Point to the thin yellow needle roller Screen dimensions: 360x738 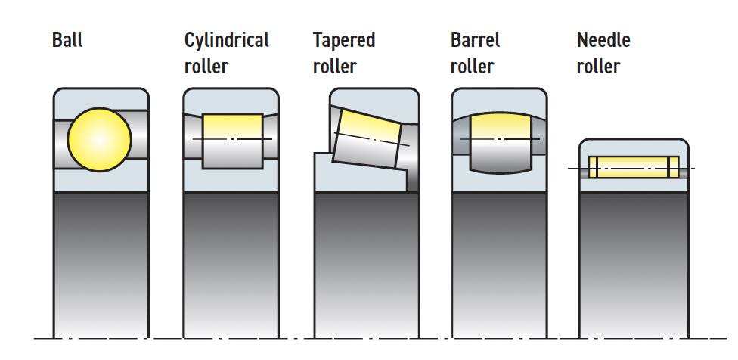(634, 167)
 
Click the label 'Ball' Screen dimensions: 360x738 (67, 39)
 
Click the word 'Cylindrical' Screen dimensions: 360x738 (226, 39)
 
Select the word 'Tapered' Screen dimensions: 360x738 (344, 39)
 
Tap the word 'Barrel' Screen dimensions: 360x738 (475, 39)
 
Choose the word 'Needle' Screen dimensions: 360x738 (603, 39)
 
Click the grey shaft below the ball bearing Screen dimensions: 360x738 (101, 265)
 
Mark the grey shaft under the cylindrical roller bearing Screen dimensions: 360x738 (231, 265)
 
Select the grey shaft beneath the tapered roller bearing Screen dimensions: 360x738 (366, 265)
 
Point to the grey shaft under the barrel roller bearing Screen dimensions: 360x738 (499, 265)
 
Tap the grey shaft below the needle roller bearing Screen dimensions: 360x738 (634, 265)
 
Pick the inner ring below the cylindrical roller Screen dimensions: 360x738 (231, 180)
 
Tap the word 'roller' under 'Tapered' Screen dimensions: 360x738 (334, 67)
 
